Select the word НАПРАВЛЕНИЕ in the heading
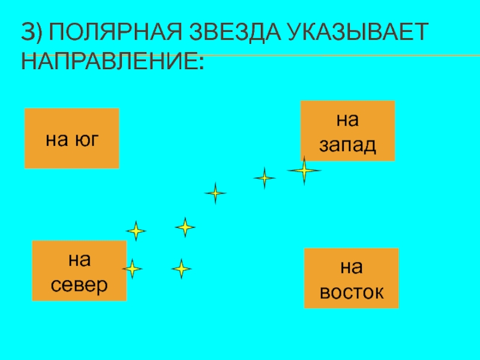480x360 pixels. (112, 61)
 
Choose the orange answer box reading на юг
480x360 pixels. (71, 138)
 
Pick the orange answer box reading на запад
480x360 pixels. (347, 131)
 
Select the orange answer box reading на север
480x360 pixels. (79, 271)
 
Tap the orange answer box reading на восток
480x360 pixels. (351, 278)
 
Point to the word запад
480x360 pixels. (347, 144)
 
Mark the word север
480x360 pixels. (79, 284)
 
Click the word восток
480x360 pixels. (351, 292)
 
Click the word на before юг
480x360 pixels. (57, 140)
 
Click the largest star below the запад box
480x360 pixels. (304, 171)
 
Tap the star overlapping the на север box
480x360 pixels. (131, 268)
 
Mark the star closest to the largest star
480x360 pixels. (264, 178)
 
